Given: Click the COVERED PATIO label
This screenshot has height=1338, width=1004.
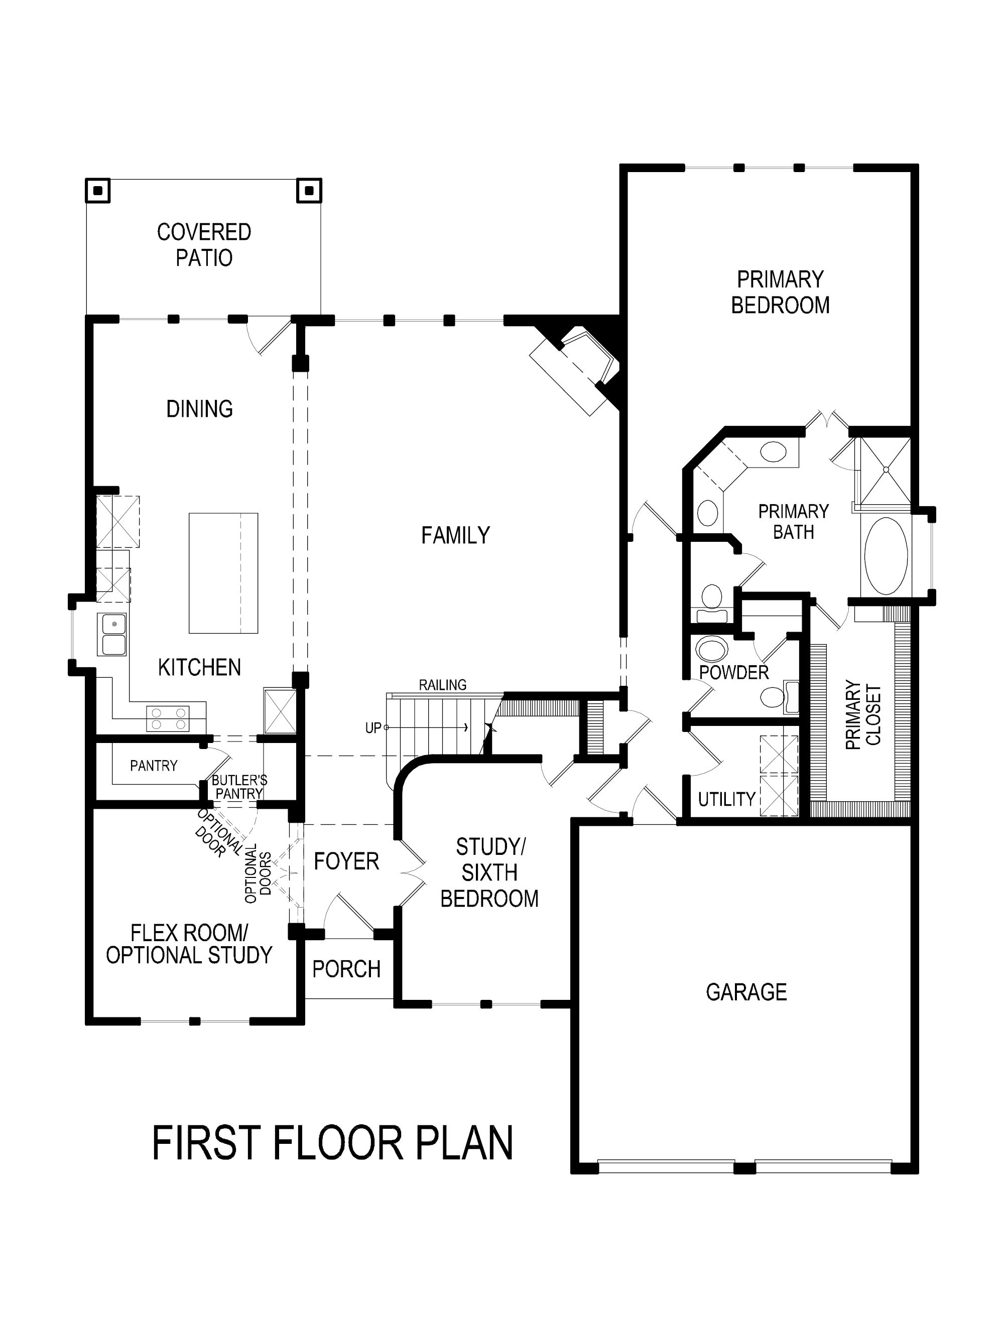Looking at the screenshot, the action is tap(204, 244).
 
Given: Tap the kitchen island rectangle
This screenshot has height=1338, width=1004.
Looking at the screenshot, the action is tap(223, 573).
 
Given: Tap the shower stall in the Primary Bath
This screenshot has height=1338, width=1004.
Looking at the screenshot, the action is tap(885, 470).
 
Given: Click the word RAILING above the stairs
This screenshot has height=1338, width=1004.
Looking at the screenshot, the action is tap(442, 685).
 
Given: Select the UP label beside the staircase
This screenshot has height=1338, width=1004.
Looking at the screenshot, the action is tap(373, 728).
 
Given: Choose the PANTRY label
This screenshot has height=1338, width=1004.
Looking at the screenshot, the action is tap(154, 766).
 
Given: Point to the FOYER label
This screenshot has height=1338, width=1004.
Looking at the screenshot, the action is tap(346, 861).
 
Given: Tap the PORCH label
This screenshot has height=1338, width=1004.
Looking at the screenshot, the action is tap(346, 969).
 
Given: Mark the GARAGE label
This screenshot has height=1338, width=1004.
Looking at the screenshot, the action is tap(746, 992).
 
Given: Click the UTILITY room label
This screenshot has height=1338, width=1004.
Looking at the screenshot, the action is tap(726, 800).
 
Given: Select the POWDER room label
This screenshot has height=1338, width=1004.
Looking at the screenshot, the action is tap(733, 673).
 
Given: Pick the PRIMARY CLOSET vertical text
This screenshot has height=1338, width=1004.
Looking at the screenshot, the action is tap(863, 715).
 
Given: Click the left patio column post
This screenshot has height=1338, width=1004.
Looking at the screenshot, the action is tap(97, 191).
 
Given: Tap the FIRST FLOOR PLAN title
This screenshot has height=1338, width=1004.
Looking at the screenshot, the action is tap(333, 1142).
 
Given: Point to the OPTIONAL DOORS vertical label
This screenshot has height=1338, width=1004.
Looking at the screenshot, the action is tap(259, 873).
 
